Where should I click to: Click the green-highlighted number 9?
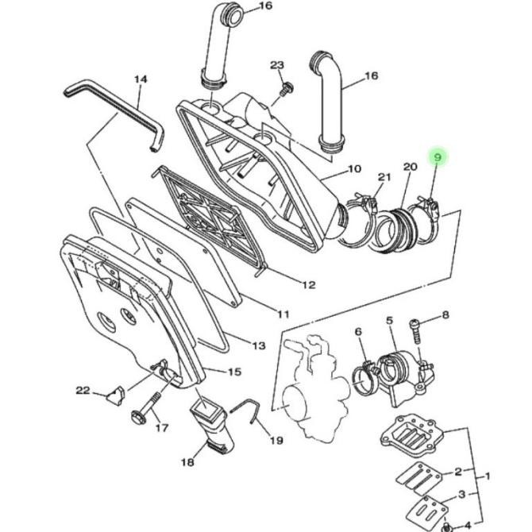pyautogui.click(x=438, y=158)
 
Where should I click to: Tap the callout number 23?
pyautogui.click(x=277, y=65)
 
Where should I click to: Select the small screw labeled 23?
pyautogui.click(x=286, y=88)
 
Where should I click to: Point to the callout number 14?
pyautogui.click(x=141, y=79)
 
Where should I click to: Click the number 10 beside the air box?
pyautogui.click(x=355, y=168)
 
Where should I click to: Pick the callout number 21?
pyautogui.click(x=384, y=177)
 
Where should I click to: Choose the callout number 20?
pyautogui.click(x=410, y=167)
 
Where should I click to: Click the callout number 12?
pyautogui.click(x=309, y=284)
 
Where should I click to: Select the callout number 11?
pyautogui.click(x=283, y=314)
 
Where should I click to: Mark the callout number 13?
pyautogui.click(x=259, y=345)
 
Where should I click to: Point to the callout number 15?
pyautogui.click(x=234, y=372)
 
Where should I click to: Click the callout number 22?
pyautogui.click(x=83, y=391)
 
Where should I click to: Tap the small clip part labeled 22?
pyautogui.click(x=115, y=396)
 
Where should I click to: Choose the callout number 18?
pyautogui.click(x=187, y=462)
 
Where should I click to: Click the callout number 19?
pyautogui.click(x=276, y=441)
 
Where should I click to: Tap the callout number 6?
pyautogui.click(x=359, y=331)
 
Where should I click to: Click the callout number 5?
pyautogui.click(x=389, y=321)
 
